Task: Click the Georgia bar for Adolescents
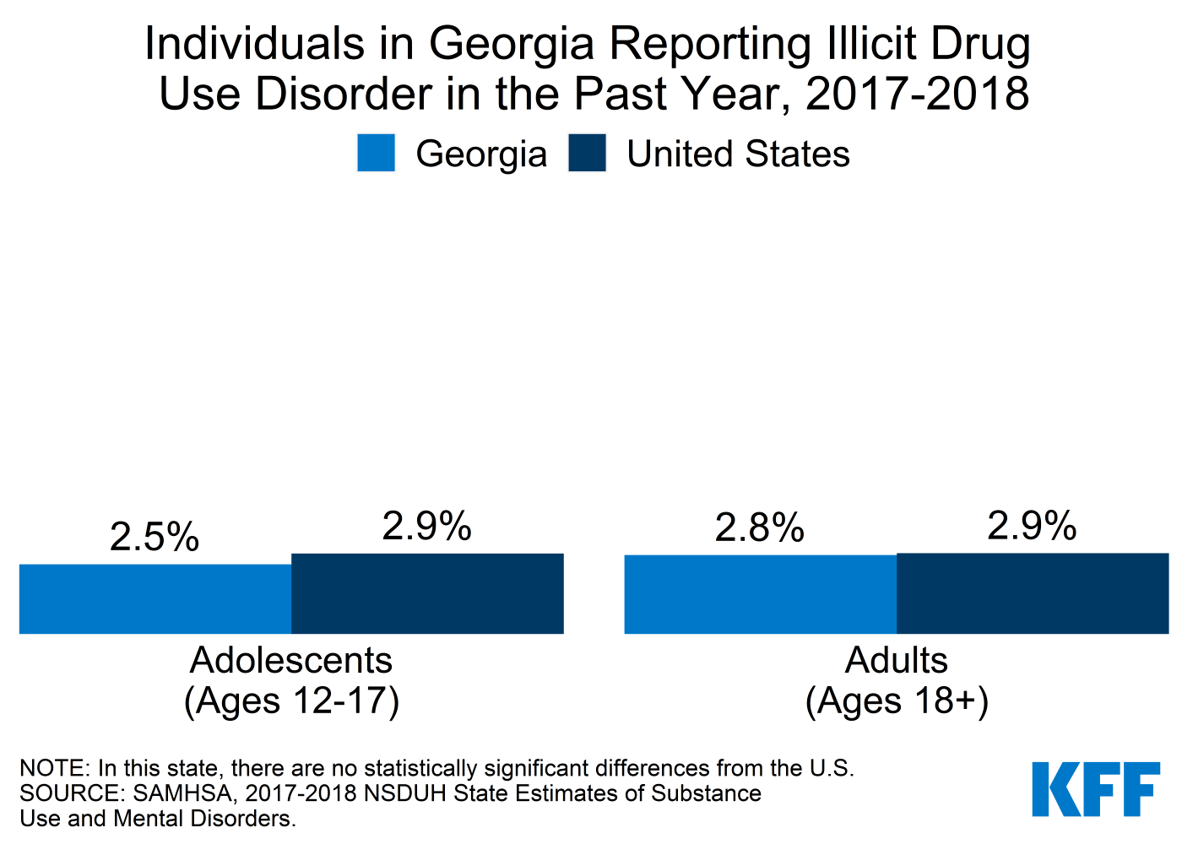pyautogui.click(x=155, y=598)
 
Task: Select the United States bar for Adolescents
pyautogui.click(x=427, y=593)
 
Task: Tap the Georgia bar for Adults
pyautogui.click(x=760, y=594)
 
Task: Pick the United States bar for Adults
pyautogui.click(x=1033, y=593)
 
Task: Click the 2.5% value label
pyautogui.click(x=155, y=537)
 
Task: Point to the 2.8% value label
pyautogui.click(x=760, y=528)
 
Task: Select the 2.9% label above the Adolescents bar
pyautogui.click(x=427, y=527)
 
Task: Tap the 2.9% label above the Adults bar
pyautogui.click(x=1033, y=527)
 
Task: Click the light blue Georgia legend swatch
pyautogui.click(x=376, y=154)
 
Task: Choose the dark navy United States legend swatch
pyautogui.click(x=587, y=154)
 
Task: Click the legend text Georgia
pyautogui.click(x=481, y=154)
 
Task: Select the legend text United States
pyautogui.click(x=738, y=154)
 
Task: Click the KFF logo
pyautogui.click(x=1096, y=789)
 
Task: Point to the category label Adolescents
pyautogui.click(x=291, y=660)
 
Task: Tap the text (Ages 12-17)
pyautogui.click(x=291, y=701)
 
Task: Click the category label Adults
pyautogui.click(x=897, y=660)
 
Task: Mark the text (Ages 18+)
pyautogui.click(x=897, y=701)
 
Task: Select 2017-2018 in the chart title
pyautogui.click(x=918, y=94)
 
